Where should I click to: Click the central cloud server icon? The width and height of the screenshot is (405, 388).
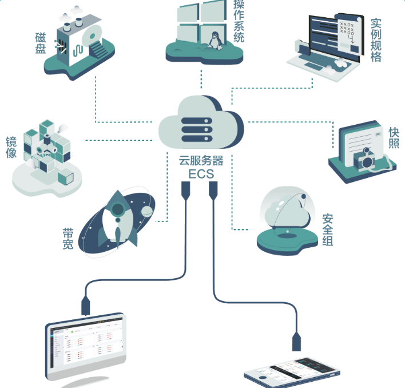click(201, 122)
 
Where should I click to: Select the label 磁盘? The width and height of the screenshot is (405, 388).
click(40, 43)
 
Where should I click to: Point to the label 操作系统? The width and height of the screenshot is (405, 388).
click(239, 22)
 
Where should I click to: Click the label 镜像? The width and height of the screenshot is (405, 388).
click(11, 148)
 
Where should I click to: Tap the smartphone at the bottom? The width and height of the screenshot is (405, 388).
click(292, 373)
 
